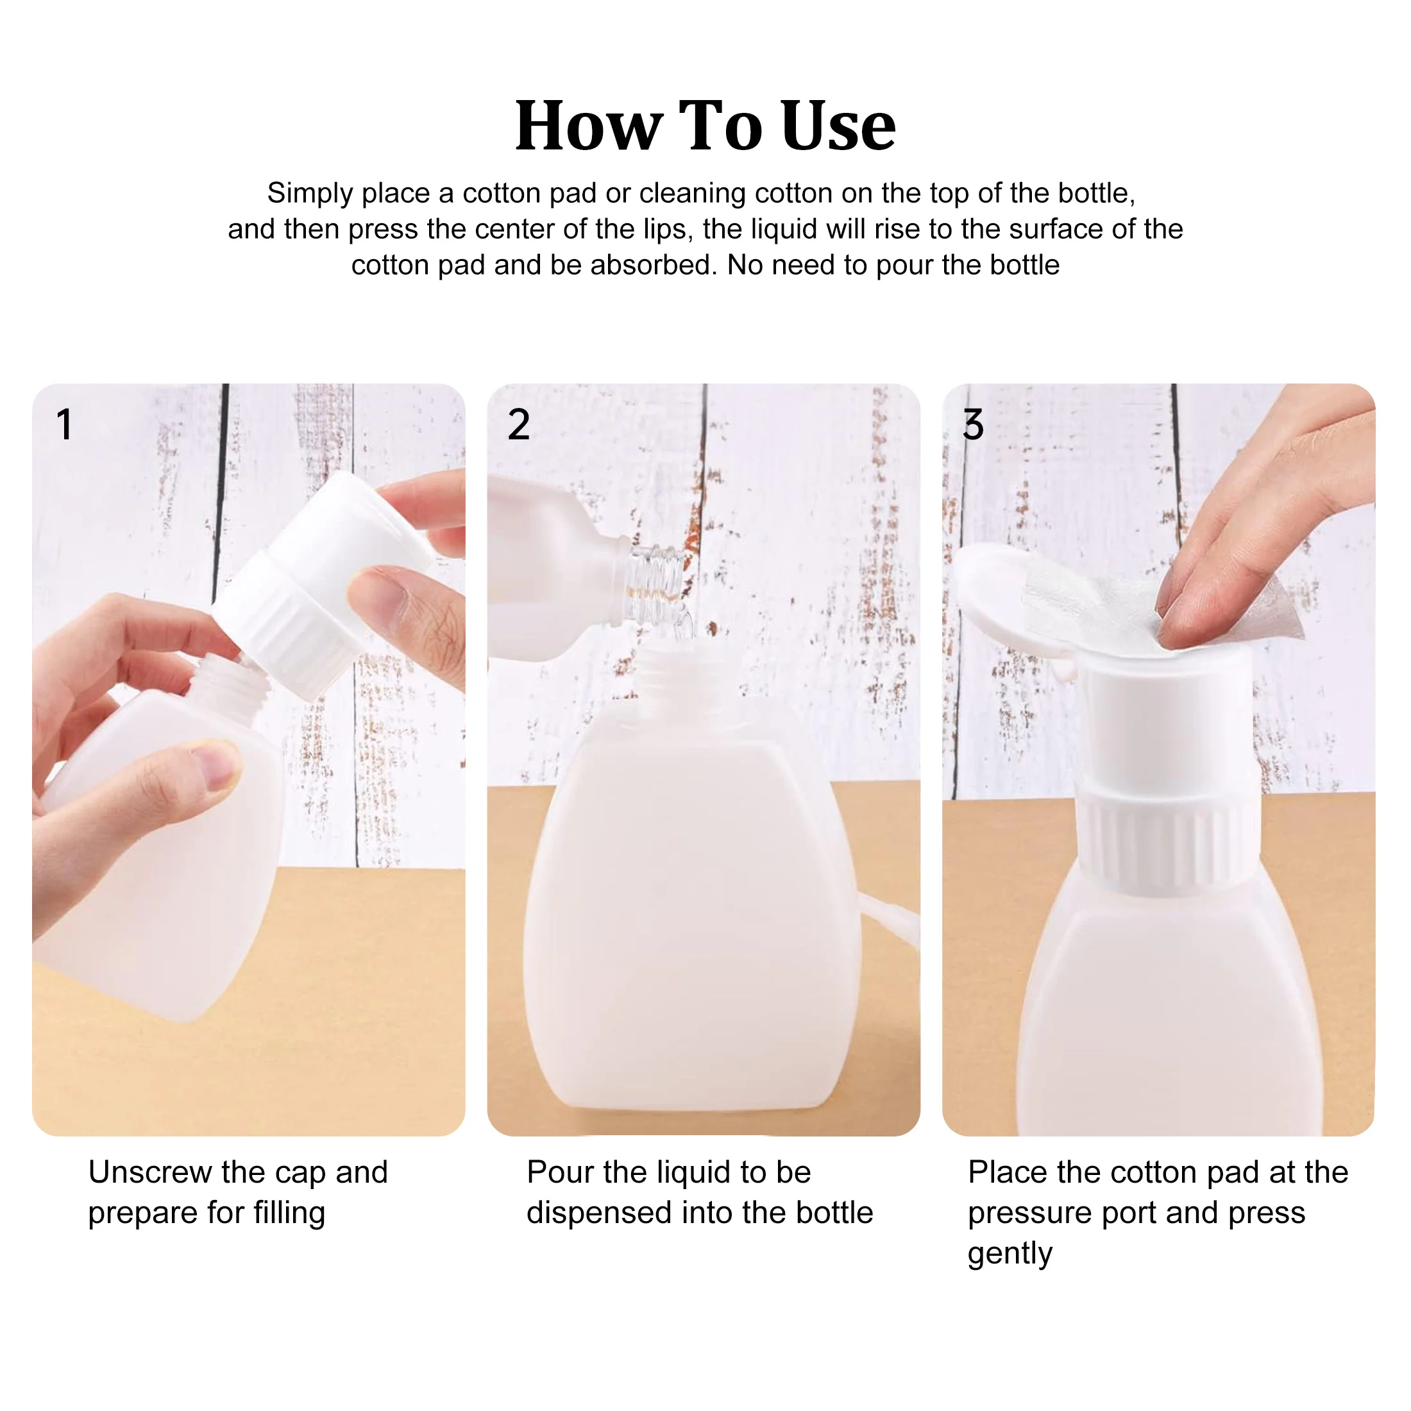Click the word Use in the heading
[838, 126]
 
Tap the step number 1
[65, 425]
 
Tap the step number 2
[518, 425]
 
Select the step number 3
[973, 425]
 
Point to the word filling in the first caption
[289, 1214]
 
